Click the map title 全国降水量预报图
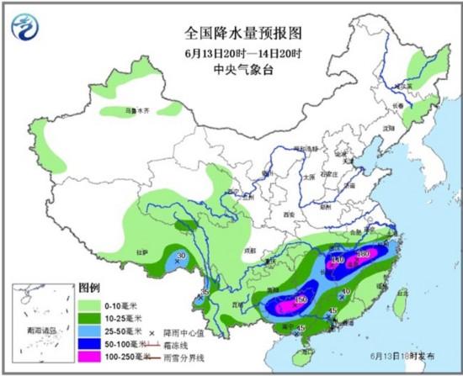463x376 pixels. (x=231, y=34)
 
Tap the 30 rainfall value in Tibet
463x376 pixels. (x=181, y=257)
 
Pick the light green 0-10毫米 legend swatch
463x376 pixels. (x=88, y=300)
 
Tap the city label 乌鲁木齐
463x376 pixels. (x=125, y=110)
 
